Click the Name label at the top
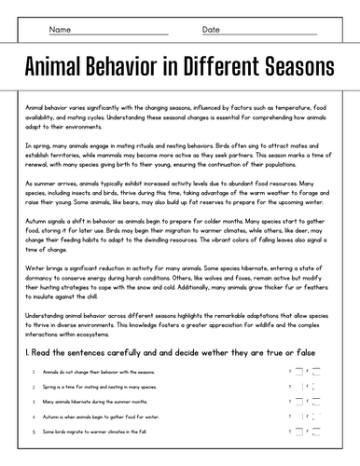coord(60,30)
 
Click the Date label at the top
coord(211,30)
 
